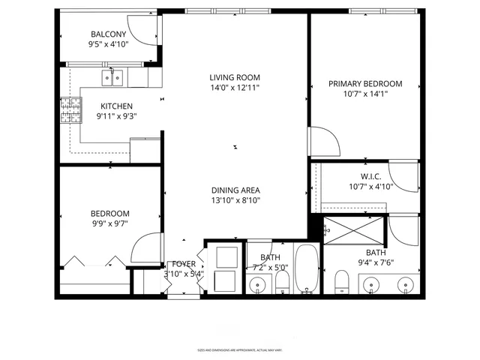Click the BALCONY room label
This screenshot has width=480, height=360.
[x=109, y=34]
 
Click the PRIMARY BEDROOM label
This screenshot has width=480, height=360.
[x=365, y=84]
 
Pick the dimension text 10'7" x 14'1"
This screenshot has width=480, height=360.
[x=365, y=94]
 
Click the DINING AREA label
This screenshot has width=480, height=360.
[x=235, y=190]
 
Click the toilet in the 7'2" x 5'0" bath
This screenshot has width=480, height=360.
[x=283, y=283]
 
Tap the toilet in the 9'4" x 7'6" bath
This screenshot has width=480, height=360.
[x=343, y=283]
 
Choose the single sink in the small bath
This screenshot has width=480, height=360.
[x=259, y=284]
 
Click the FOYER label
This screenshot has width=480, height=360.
[x=184, y=264]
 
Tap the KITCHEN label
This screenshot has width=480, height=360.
[x=116, y=106]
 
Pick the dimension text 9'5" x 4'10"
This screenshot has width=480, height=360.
[x=109, y=45]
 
